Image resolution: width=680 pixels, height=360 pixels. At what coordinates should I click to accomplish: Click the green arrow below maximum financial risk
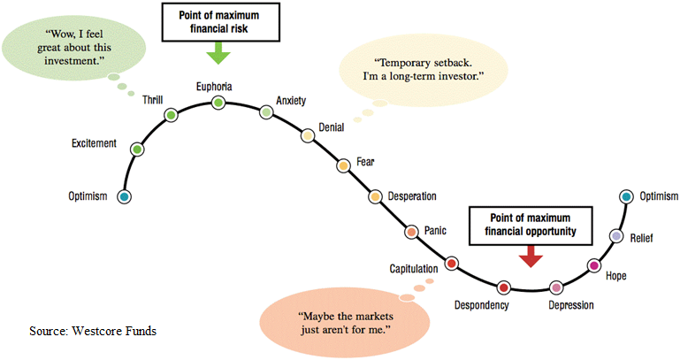(x=218, y=53)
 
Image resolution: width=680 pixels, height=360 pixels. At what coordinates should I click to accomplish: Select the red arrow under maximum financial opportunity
(x=531, y=256)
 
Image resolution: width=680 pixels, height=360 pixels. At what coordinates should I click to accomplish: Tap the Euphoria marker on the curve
(x=218, y=103)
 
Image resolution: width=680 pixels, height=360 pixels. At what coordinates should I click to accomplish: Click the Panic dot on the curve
(x=411, y=232)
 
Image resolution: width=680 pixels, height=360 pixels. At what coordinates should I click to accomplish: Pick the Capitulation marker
(x=452, y=264)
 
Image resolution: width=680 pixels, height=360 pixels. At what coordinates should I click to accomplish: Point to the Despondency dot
(x=503, y=287)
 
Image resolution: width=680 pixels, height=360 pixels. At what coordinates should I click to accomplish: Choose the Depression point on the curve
(x=556, y=287)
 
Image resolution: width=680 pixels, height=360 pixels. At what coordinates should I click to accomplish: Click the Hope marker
(x=593, y=265)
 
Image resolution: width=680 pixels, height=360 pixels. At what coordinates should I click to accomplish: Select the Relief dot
(x=616, y=236)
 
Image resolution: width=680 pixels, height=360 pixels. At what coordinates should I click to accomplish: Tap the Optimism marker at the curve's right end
(x=626, y=197)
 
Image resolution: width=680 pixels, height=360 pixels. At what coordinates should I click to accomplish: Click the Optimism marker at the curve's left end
(x=124, y=196)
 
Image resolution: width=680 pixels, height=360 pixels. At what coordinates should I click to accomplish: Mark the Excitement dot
(x=137, y=149)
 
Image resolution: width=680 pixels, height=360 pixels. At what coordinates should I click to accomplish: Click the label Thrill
(x=153, y=100)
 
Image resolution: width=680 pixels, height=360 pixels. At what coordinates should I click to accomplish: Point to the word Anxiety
(x=291, y=101)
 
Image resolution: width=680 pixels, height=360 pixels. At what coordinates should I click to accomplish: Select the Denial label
(x=332, y=127)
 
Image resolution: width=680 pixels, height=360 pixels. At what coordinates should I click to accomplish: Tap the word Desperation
(x=412, y=196)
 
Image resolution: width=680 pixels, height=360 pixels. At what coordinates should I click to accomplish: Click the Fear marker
(x=343, y=165)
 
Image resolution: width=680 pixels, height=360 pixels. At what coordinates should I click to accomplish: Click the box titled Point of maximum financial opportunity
(x=531, y=226)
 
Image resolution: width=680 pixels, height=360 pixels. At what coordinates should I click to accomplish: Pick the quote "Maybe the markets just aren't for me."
(x=345, y=323)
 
